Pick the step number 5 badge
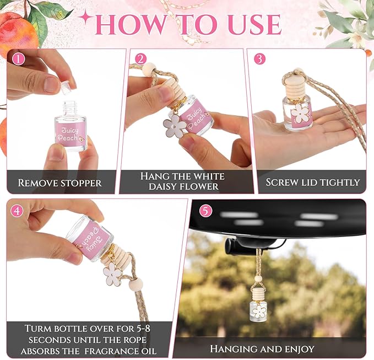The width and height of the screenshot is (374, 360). point(205,211)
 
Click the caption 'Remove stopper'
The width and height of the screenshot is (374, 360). point(59,182)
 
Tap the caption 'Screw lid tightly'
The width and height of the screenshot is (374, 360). point(312,182)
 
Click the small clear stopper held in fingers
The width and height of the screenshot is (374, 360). point(66,87)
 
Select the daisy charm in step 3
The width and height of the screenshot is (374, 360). point(301,112)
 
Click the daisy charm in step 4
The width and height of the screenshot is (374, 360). point(113,274)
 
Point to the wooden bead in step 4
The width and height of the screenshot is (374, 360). point(135,284)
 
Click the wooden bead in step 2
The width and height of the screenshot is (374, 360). point(149,69)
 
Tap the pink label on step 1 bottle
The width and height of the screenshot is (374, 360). point(70,133)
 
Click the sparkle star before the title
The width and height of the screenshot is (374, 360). point(86,18)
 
